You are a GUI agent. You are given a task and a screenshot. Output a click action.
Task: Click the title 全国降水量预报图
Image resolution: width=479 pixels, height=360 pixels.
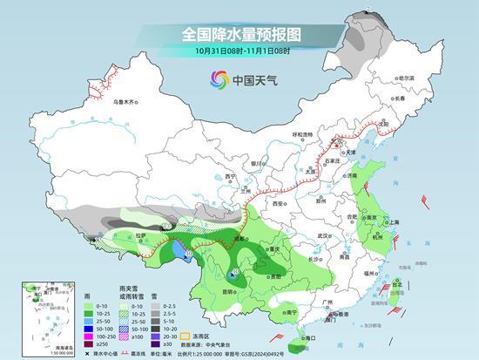240,34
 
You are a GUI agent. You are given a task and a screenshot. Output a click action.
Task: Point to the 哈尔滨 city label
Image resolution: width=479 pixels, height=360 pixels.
406,78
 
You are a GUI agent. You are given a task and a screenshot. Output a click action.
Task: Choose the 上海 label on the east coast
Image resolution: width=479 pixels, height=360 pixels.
394,221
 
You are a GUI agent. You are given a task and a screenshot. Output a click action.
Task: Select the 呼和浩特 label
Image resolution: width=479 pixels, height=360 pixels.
302,134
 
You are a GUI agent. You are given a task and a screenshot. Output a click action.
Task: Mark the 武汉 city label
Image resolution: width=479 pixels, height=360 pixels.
324,235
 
